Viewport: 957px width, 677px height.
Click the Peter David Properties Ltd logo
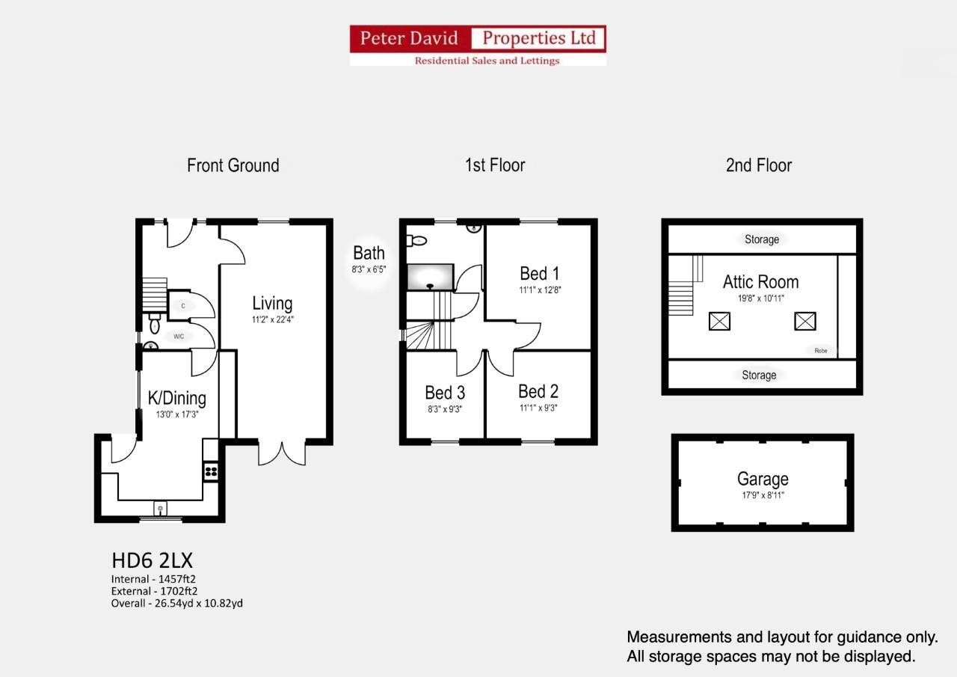pos(478,46)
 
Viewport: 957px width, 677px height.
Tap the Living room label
pos(272,304)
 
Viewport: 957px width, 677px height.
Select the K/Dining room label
pos(176,398)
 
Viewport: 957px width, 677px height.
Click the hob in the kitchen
pos(211,471)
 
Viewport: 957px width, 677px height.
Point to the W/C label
pos(179,337)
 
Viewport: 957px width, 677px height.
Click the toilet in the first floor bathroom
pos(416,241)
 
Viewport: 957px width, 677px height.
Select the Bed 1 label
pos(539,274)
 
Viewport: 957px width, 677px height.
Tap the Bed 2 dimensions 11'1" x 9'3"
pos(538,408)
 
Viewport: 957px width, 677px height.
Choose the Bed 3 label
pos(445,393)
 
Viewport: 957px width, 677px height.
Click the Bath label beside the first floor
pos(369,253)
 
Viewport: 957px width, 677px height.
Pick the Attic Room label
pos(760,282)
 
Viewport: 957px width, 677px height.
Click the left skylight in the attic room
pos(719,322)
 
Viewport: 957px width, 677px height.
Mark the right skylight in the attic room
pos(805,322)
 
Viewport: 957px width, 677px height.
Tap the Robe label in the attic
pos(821,350)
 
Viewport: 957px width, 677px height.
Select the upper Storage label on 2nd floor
pos(761,239)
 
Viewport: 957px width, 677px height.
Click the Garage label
pos(763,479)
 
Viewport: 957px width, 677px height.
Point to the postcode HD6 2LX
pos(153,560)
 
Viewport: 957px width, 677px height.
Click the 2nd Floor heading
pos(758,165)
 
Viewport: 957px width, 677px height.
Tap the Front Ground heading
pos(233,165)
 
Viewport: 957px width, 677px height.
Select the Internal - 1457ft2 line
pos(153,579)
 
